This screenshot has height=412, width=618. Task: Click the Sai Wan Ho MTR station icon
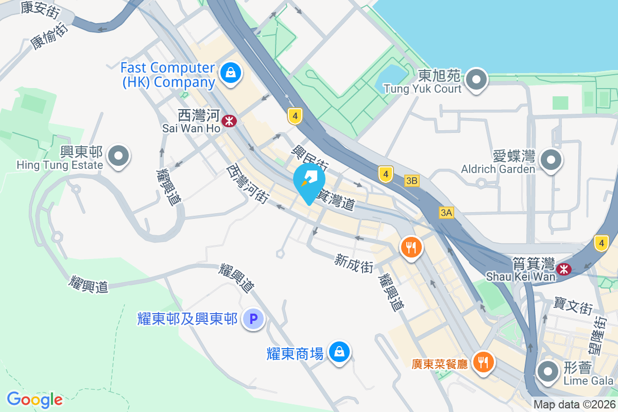pyautogui.click(x=229, y=121)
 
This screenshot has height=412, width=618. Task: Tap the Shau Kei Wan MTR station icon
pyautogui.click(x=564, y=268)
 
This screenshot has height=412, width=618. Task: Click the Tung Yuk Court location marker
pyautogui.click(x=477, y=80)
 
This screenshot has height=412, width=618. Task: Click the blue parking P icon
pyautogui.click(x=253, y=319)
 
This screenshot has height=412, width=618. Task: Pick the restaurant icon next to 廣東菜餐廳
pyautogui.click(x=483, y=362)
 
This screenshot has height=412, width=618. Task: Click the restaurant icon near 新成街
pyautogui.click(x=410, y=248)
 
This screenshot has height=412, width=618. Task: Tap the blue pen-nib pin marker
pyautogui.click(x=309, y=180)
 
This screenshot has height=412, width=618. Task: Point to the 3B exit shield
pyautogui.click(x=411, y=181)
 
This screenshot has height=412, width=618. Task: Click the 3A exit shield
pyautogui.click(x=447, y=212)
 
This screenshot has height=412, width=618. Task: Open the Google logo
pyautogui.click(x=35, y=400)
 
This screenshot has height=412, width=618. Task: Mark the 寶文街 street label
pyautogui.click(x=573, y=305)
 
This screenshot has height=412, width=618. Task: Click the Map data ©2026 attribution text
pyautogui.click(x=574, y=405)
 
